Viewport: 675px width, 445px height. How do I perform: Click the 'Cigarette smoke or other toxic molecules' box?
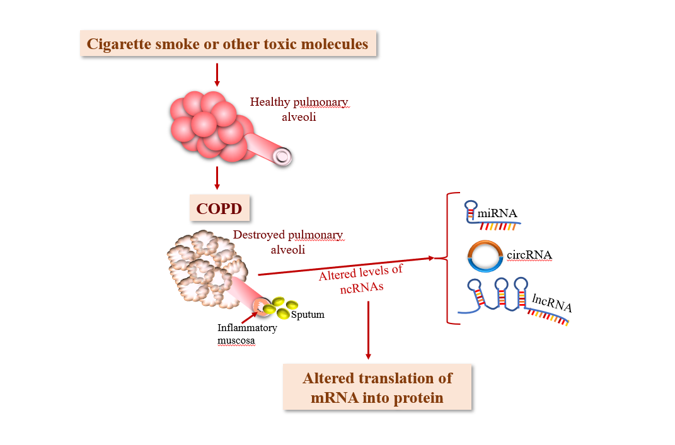[228, 44]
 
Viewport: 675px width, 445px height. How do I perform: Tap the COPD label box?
[219, 208]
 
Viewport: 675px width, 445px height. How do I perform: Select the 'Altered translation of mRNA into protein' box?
[377, 388]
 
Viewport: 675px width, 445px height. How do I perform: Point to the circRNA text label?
[529, 255]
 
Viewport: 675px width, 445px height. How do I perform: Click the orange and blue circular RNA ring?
[485, 255]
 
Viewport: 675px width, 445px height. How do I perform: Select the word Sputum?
[308, 314]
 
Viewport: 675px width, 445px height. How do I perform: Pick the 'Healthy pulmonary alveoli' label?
[299, 108]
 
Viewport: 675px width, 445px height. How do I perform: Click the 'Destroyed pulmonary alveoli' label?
[288, 242]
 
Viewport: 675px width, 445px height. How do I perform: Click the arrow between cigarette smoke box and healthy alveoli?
[217, 74]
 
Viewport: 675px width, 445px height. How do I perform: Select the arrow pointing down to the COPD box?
[217, 177]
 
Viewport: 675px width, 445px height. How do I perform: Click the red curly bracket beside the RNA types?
[449, 258]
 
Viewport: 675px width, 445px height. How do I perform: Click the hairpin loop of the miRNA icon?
[471, 206]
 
